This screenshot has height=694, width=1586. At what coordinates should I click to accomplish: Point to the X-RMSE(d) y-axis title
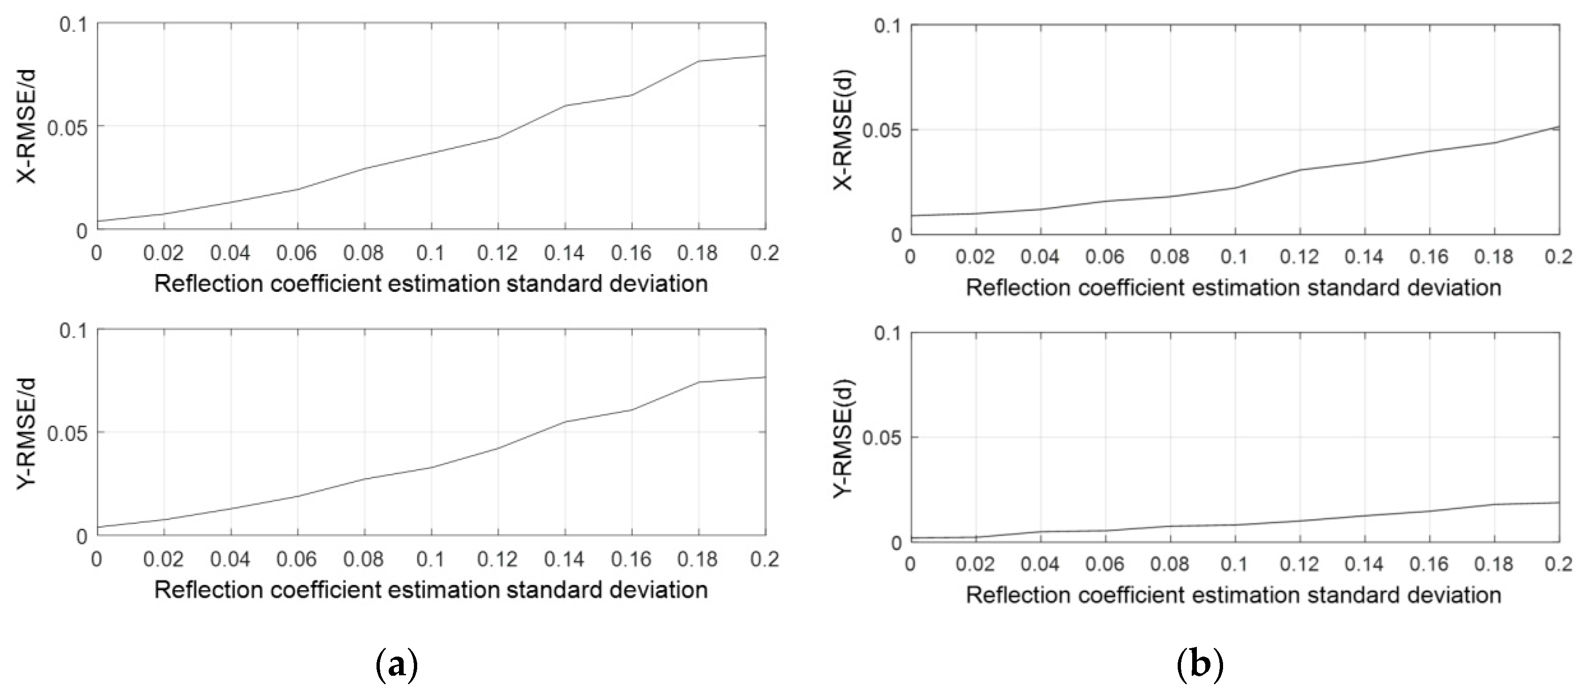843,130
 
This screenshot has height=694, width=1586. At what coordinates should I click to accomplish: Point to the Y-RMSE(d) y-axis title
843,437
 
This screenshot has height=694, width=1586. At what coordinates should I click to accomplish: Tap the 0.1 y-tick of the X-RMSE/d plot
74,25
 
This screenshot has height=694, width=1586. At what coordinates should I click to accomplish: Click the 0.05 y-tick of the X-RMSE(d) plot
882,130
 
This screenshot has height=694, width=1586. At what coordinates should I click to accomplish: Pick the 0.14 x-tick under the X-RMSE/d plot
564,253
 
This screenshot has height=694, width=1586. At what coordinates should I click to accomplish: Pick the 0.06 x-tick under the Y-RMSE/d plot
297,558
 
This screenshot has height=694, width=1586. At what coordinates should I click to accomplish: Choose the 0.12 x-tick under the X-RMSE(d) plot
1300,256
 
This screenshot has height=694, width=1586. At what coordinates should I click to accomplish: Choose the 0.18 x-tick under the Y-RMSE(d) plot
1494,564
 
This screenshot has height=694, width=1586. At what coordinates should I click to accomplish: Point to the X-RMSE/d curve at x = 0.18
699,61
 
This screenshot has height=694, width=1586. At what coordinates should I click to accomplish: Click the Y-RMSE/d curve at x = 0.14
565,422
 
